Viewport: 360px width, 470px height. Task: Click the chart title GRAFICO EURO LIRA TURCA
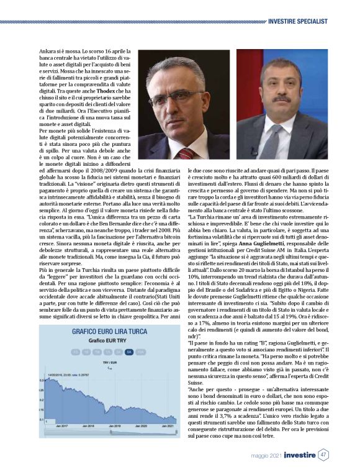coord(100,332)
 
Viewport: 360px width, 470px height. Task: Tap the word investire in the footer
coord(299,454)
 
